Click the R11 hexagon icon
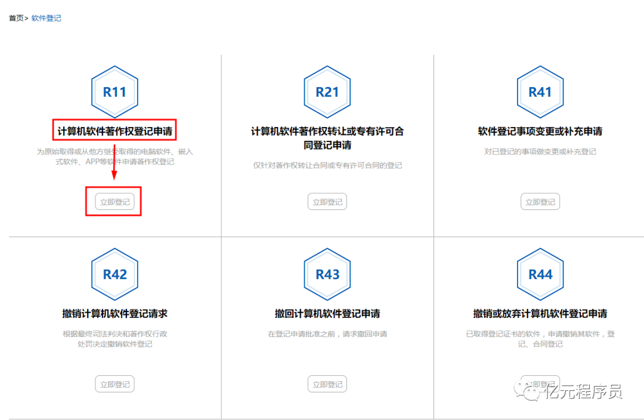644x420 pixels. click(114, 92)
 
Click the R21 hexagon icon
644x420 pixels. click(327, 92)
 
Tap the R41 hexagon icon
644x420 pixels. click(540, 92)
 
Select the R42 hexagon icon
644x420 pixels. click(114, 274)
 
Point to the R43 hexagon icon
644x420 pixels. click(327, 274)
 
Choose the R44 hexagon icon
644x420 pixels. click(540, 274)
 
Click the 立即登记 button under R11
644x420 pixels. click(114, 202)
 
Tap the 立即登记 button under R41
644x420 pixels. click(540, 202)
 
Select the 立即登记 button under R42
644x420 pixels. click(114, 384)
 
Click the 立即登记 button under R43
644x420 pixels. click(327, 384)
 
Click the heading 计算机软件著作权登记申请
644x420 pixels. click(114, 131)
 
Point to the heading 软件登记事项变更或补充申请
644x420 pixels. click(540, 131)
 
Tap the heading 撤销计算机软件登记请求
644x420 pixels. click(114, 314)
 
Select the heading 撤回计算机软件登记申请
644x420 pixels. click(327, 314)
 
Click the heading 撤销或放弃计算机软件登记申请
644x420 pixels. click(540, 314)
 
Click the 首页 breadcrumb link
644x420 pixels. click(16, 18)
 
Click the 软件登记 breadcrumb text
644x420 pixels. click(47, 18)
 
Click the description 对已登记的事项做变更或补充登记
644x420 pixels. click(540, 152)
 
